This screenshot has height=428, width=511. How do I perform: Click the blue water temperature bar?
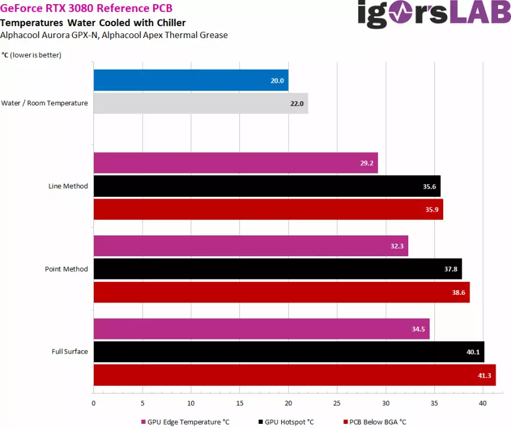click(190, 80)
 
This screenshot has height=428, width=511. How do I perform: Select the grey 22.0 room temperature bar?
click(200, 103)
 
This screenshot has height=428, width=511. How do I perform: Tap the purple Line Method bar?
click(235, 163)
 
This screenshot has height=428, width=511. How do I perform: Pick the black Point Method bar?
click(277, 269)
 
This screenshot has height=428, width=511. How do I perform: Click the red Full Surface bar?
click(294, 375)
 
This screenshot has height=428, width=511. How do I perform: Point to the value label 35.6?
click(429, 186)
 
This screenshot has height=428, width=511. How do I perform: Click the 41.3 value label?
click(484, 375)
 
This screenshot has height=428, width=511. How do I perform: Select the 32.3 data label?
click(397, 246)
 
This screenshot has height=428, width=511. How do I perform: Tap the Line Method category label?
click(68, 186)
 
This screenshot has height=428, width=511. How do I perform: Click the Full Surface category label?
click(70, 351)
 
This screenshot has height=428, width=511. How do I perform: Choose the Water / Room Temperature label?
click(45, 103)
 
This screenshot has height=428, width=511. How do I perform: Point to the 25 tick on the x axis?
click(337, 403)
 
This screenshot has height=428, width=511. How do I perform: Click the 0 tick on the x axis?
click(93, 403)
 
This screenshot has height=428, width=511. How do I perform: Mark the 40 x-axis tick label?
click(482, 403)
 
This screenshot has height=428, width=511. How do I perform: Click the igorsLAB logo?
click(434, 13)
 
